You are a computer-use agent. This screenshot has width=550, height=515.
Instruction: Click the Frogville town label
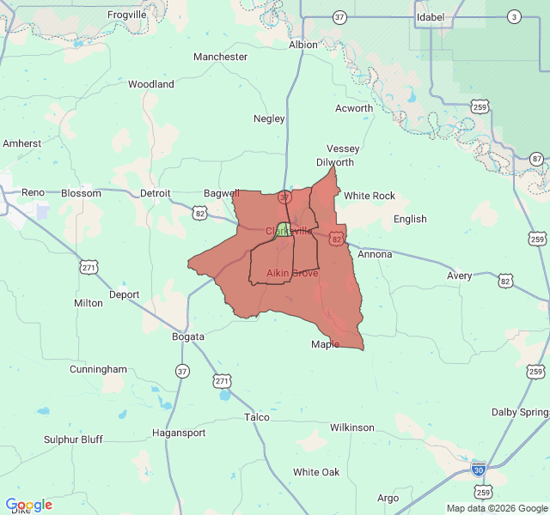point(126,15)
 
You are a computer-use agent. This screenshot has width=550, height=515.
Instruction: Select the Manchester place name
point(220,57)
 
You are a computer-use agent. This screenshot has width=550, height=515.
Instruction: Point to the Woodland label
point(151,84)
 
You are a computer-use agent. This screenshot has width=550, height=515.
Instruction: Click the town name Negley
point(269,118)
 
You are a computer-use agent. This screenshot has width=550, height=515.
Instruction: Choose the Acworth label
point(354,108)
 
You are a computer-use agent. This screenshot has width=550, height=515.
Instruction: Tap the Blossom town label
point(81,193)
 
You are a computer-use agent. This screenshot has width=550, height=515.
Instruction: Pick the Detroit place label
point(156,193)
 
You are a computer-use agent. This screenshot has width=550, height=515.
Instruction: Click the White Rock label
point(370,196)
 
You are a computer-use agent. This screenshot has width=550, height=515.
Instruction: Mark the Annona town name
point(375,254)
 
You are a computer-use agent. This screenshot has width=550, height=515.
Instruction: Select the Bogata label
point(187,336)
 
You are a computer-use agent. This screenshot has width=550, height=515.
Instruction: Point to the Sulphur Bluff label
point(73,439)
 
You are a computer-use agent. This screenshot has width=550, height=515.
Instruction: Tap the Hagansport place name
point(179,433)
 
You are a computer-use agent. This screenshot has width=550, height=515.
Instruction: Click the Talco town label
point(256,417)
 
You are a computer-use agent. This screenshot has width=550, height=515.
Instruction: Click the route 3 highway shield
point(514,17)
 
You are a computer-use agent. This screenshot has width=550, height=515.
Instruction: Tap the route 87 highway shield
point(537,159)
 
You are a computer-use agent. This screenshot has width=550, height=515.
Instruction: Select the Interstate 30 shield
point(479,470)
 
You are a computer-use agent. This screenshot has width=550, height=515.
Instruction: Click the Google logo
point(28,505)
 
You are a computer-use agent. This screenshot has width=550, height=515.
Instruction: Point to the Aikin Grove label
point(292,273)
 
